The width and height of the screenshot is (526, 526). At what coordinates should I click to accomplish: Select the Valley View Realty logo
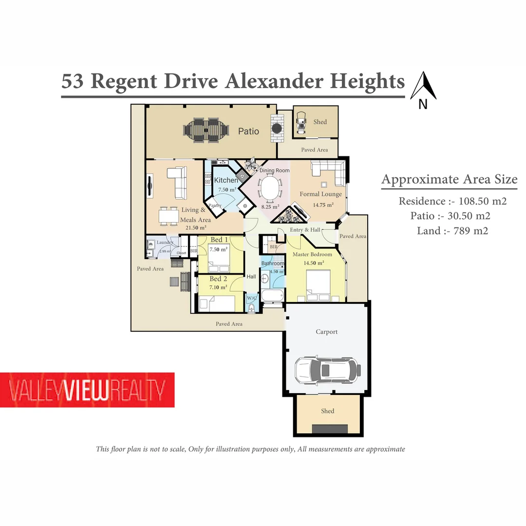click(x=87, y=390)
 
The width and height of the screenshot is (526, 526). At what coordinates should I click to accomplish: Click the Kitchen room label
click(x=226, y=180)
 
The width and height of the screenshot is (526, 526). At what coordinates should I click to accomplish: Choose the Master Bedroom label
click(x=312, y=254)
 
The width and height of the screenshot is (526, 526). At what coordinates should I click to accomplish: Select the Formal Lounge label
click(x=320, y=194)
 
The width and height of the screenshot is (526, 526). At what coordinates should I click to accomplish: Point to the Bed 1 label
click(x=219, y=240)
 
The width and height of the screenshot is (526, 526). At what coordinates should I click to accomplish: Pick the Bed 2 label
click(x=218, y=279)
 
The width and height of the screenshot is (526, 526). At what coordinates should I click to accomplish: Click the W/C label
click(x=252, y=298)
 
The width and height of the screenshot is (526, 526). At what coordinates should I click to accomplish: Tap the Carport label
click(x=326, y=332)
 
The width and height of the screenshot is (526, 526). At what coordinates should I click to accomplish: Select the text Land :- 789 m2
click(x=452, y=231)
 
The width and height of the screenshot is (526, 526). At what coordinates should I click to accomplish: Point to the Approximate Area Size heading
click(x=449, y=179)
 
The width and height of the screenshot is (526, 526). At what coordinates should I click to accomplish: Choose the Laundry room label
click(x=165, y=243)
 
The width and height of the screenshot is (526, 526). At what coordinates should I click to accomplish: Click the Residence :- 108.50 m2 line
click(x=452, y=201)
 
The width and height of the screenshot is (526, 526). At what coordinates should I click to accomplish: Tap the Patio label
click(x=248, y=131)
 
